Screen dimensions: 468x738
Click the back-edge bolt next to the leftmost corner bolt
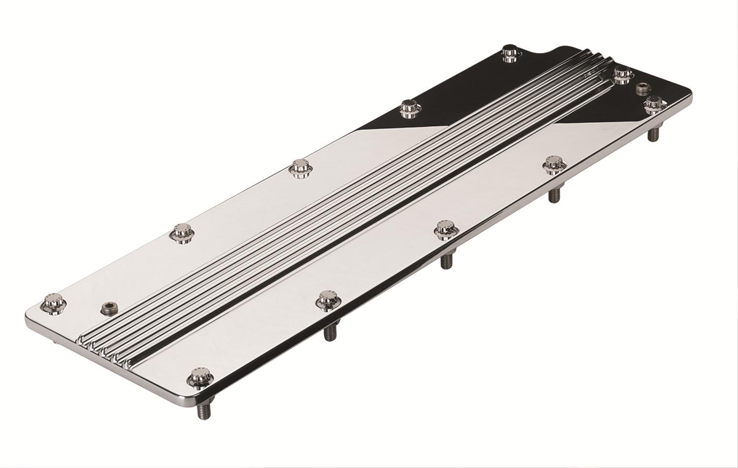[183, 232]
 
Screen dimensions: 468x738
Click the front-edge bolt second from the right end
[554, 164]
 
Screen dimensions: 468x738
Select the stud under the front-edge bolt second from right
[554, 194]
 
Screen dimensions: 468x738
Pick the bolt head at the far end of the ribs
[623, 74]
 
